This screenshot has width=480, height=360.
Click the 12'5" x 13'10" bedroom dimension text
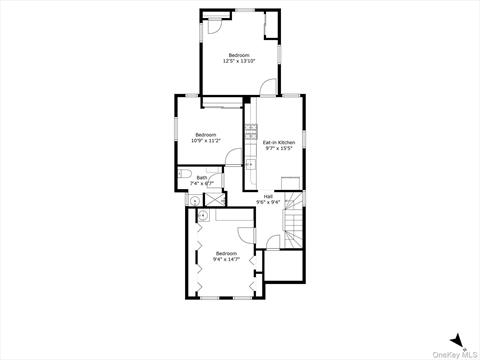coord(239,61)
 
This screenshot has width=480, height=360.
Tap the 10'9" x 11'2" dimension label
coord(206,141)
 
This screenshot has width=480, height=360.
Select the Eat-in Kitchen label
coord(278,142)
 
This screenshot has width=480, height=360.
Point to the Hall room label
coord(268,196)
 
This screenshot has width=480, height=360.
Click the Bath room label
coord(202,178)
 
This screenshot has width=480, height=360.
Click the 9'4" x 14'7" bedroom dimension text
coord(227,259)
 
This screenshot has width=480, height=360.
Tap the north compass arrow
coord(455,339)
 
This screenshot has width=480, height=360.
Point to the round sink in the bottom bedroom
coord(202,214)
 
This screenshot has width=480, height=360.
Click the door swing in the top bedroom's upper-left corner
coord(213,27)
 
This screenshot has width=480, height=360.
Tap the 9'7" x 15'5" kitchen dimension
coord(278,149)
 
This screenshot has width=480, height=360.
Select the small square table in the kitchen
coord(288,180)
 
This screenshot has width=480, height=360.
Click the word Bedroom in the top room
coord(239,54)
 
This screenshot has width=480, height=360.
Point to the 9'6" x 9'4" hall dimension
coord(268,202)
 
